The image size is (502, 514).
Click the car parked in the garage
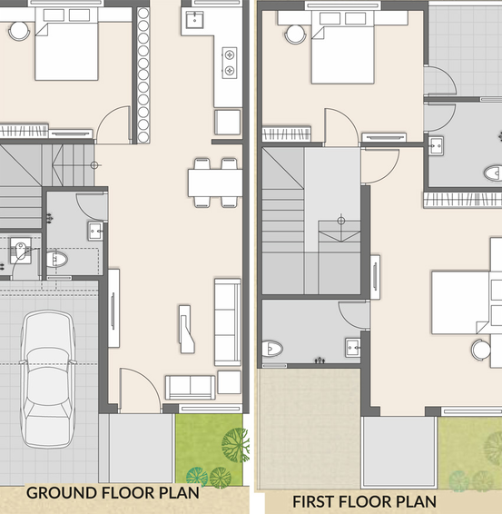(48, 379)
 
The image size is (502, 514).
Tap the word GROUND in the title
(61, 493)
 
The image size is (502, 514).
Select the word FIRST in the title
(313, 501)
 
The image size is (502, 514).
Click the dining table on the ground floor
(215, 183)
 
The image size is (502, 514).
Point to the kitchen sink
(194, 20)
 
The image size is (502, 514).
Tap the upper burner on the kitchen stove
(230, 54)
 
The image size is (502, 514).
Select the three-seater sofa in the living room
(228, 321)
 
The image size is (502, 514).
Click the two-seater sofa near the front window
(190, 387)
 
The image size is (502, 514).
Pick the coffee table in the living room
(186, 329)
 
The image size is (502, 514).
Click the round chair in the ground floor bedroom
(19, 31)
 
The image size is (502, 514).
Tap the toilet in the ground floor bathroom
(56, 260)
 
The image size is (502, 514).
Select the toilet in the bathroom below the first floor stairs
(272, 349)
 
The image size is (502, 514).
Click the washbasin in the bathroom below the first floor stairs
(353, 347)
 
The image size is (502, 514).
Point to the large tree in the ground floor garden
(235, 445)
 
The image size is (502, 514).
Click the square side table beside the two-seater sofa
(230, 382)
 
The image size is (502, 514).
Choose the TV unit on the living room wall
(113, 308)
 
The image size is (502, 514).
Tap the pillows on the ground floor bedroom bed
(66, 15)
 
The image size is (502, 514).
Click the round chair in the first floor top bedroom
(295, 35)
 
